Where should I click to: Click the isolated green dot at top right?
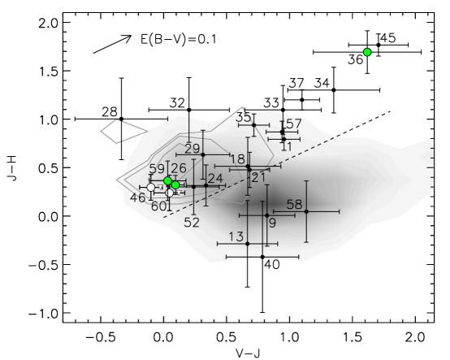pyautogui.click(x=367, y=52)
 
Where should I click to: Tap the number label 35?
pyautogui.click(x=243, y=118)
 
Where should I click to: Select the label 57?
pyautogui.click(x=294, y=124)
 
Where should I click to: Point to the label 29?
pyautogui.click(x=193, y=149)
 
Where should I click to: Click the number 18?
pyautogui.click(x=237, y=159)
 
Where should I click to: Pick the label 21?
pyautogui.click(x=259, y=178)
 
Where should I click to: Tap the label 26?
pyautogui.click(x=179, y=168)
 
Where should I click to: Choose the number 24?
pyautogui.click(x=215, y=179)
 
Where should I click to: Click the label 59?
pyautogui.click(x=157, y=169)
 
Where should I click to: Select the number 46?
pyautogui.click(x=138, y=198)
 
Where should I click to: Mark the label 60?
pyautogui.click(x=159, y=206)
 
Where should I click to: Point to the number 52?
pyautogui.click(x=192, y=223)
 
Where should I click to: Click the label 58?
pyautogui.click(x=294, y=205)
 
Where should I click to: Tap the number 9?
pyautogui.click(x=272, y=223)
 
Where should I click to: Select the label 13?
pyautogui.click(x=236, y=237)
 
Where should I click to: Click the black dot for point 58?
pyautogui.click(x=306, y=211)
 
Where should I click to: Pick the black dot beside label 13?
pyautogui.click(x=247, y=243)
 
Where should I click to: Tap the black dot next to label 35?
pyautogui.click(x=253, y=125)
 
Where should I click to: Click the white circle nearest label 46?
pyautogui.click(x=150, y=188)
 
